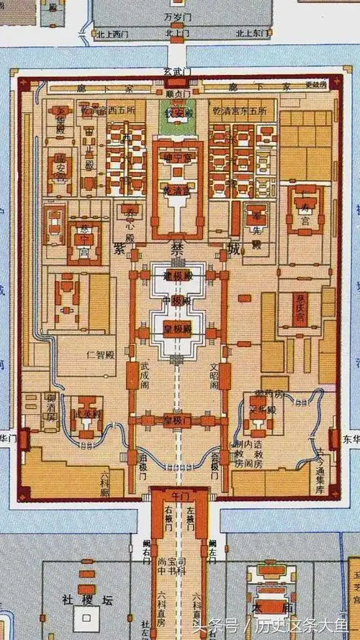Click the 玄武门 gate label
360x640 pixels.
pos(176,71)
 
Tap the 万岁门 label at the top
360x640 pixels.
pos(176,15)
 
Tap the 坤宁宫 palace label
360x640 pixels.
pos(177,157)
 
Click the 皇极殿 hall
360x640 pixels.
pos(177,329)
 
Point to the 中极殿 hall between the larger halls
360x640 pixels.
pos(177,301)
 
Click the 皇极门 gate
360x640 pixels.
pos(177,420)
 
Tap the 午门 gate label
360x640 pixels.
pos(177,497)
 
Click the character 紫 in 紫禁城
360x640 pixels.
pos(120,248)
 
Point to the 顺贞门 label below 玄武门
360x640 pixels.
pos(177,93)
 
